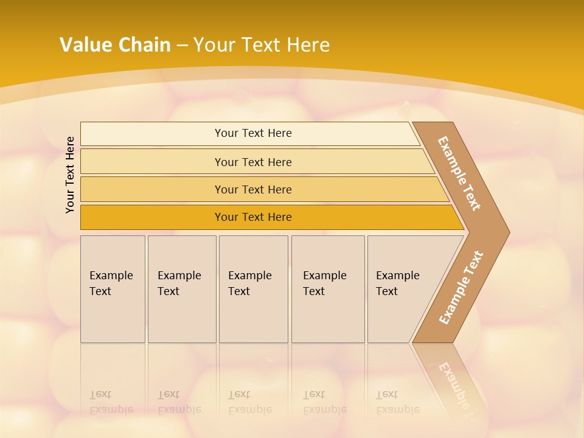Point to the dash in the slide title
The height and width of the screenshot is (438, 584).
coord(182,46)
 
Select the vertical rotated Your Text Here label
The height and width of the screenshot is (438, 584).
coord(70,175)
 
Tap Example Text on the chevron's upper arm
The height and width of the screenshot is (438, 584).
coord(459,173)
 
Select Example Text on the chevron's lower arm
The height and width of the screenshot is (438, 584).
coord(461,288)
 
